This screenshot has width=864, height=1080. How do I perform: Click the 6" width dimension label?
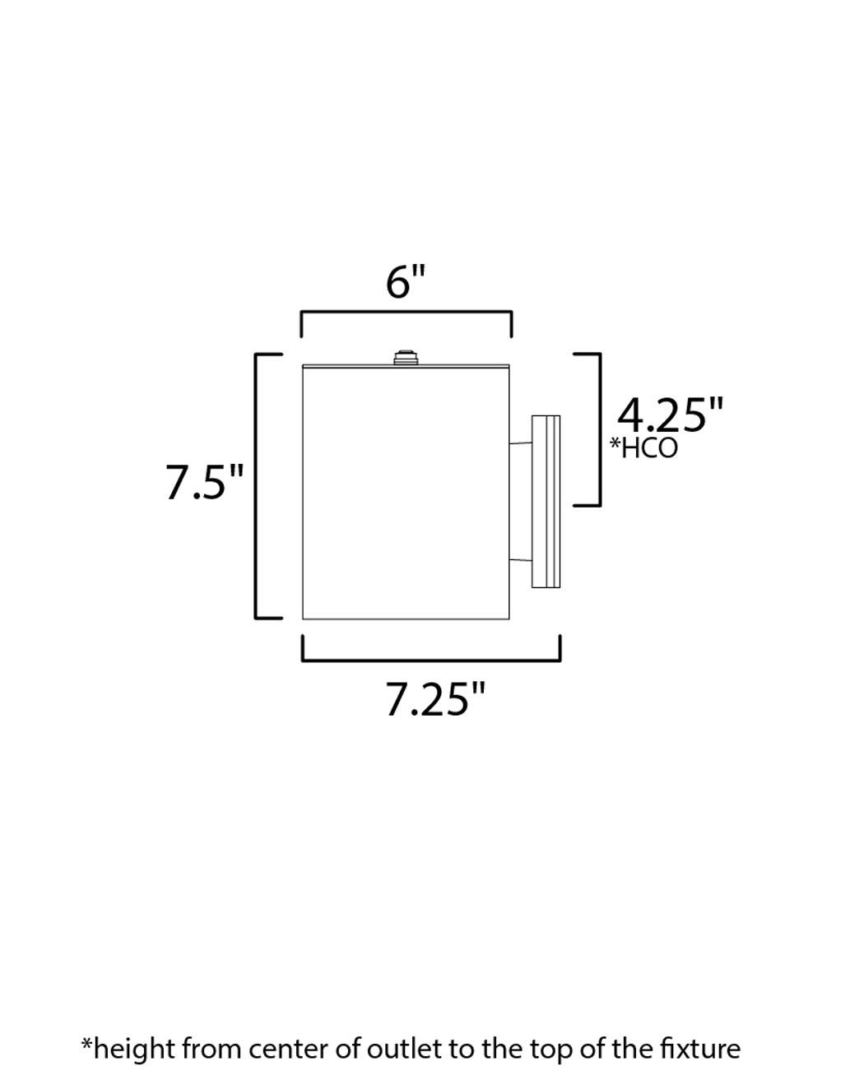point(406,283)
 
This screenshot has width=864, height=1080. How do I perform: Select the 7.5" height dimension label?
point(205,482)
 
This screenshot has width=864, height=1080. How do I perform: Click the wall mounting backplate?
point(546,502)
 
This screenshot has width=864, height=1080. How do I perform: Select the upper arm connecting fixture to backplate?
point(521,445)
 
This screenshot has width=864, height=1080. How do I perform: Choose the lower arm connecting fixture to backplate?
point(521,561)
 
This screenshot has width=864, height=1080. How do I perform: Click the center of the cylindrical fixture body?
point(406,492)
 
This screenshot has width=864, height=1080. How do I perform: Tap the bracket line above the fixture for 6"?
point(406,313)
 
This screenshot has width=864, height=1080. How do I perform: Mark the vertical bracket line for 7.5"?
point(258,485)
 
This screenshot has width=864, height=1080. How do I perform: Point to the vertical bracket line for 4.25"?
point(599,429)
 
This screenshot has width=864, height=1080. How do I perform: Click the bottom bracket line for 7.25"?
point(431,660)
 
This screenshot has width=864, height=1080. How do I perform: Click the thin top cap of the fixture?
point(406,365)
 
